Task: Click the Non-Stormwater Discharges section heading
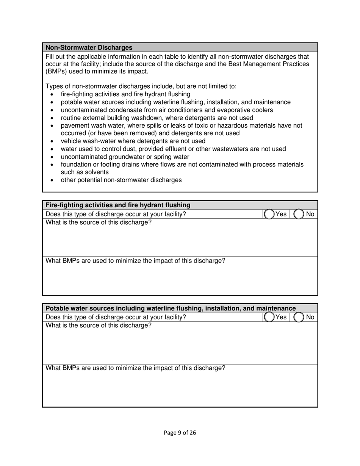point(89,48)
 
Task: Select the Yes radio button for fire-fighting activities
point(269,214)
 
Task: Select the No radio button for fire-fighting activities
point(299,214)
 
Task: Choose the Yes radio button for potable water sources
point(269,317)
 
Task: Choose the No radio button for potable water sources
point(299,317)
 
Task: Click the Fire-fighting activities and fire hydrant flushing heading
point(118,205)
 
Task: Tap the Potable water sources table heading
point(171,308)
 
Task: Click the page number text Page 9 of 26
point(180,433)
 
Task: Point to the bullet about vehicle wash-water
point(133,141)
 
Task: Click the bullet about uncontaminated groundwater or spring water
point(125,157)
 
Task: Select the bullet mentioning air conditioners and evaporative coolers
point(167,110)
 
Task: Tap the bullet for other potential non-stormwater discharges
point(121,180)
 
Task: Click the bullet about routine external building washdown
point(157,118)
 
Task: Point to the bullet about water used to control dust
point(173,149)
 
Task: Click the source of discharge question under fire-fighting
point(99,222)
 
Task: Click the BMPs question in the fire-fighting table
point(135,261)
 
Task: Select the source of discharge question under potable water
point(99,325)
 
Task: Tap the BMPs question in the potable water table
point(135,368)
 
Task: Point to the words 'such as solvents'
point(85,172)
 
